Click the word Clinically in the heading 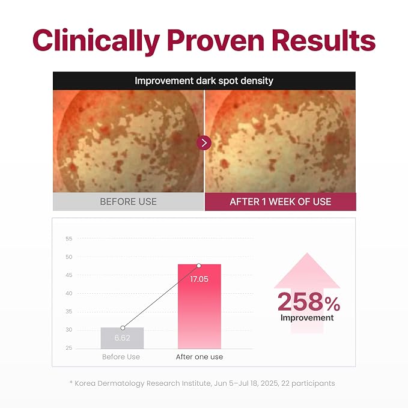[x=96, y=41]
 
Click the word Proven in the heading [x=216, y=40]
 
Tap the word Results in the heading [x=323, y=40]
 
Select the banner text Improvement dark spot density [x=204, y=81]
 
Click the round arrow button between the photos [x=204, y=143]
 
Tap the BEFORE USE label [x=128, y=202]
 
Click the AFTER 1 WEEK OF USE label [x=280, y=202]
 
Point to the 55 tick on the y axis [x=69, y=239]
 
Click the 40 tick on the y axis [x=69, y=293]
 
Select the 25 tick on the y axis [x=69, y=348]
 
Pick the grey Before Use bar [x=123, y=338]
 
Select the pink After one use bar [x=199, y=306]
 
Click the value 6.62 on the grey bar [x=122, y=338]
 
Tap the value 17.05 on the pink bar [x=199, y=279]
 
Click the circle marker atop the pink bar [x=199, y=266]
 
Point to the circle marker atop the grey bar [x=123, y=328]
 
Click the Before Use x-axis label [x=121, y=357]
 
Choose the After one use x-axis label [x=199, y=357]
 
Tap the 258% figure [x=309, y=302]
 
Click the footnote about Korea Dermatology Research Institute [x=202, y=383]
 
